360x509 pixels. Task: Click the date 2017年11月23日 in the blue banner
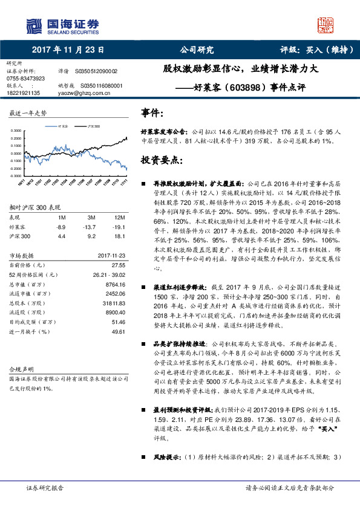click(x=68, y=50)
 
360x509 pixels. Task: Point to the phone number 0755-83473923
click(x=25, y=79)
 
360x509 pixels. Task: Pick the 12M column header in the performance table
click(x=120, y=216)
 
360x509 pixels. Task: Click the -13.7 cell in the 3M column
click(x=91, y=226)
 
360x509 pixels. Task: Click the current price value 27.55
click(x=118, y=265)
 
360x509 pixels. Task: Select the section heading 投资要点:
click(x=162, y=161)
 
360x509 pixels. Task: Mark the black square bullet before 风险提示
click(x=143, y=457)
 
